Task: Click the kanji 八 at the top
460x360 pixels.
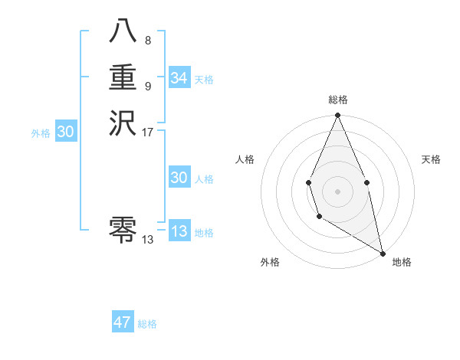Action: [x=123, y=32]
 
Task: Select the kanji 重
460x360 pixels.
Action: [x=123, y=78]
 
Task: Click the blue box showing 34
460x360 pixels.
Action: [x=179, y=78]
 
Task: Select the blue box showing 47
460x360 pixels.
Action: [x=123, y=322]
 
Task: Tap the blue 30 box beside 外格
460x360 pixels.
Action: [x=66, y=132]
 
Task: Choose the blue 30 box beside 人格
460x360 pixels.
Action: [x=179, y=178]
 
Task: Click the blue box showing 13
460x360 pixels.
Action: [x=179, y=231]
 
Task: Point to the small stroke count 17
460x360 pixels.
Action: [x=148, y=132]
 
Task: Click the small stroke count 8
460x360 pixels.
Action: [x=147, y=40]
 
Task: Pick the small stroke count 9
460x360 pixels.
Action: [x=147, y=86]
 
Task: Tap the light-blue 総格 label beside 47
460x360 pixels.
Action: [x=147, y=324]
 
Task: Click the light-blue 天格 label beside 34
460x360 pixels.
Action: [x=204, y=80]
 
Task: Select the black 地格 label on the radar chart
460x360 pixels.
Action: [x=402, y=262]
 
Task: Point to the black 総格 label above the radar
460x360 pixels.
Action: [x=338, y=100]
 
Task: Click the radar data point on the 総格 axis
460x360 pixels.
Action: [x=338, y=116]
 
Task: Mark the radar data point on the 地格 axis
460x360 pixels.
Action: [x=382, y=253]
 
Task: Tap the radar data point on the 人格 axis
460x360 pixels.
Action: [x=308, y=182]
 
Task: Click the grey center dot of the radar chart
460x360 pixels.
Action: [x=338, y=191]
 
